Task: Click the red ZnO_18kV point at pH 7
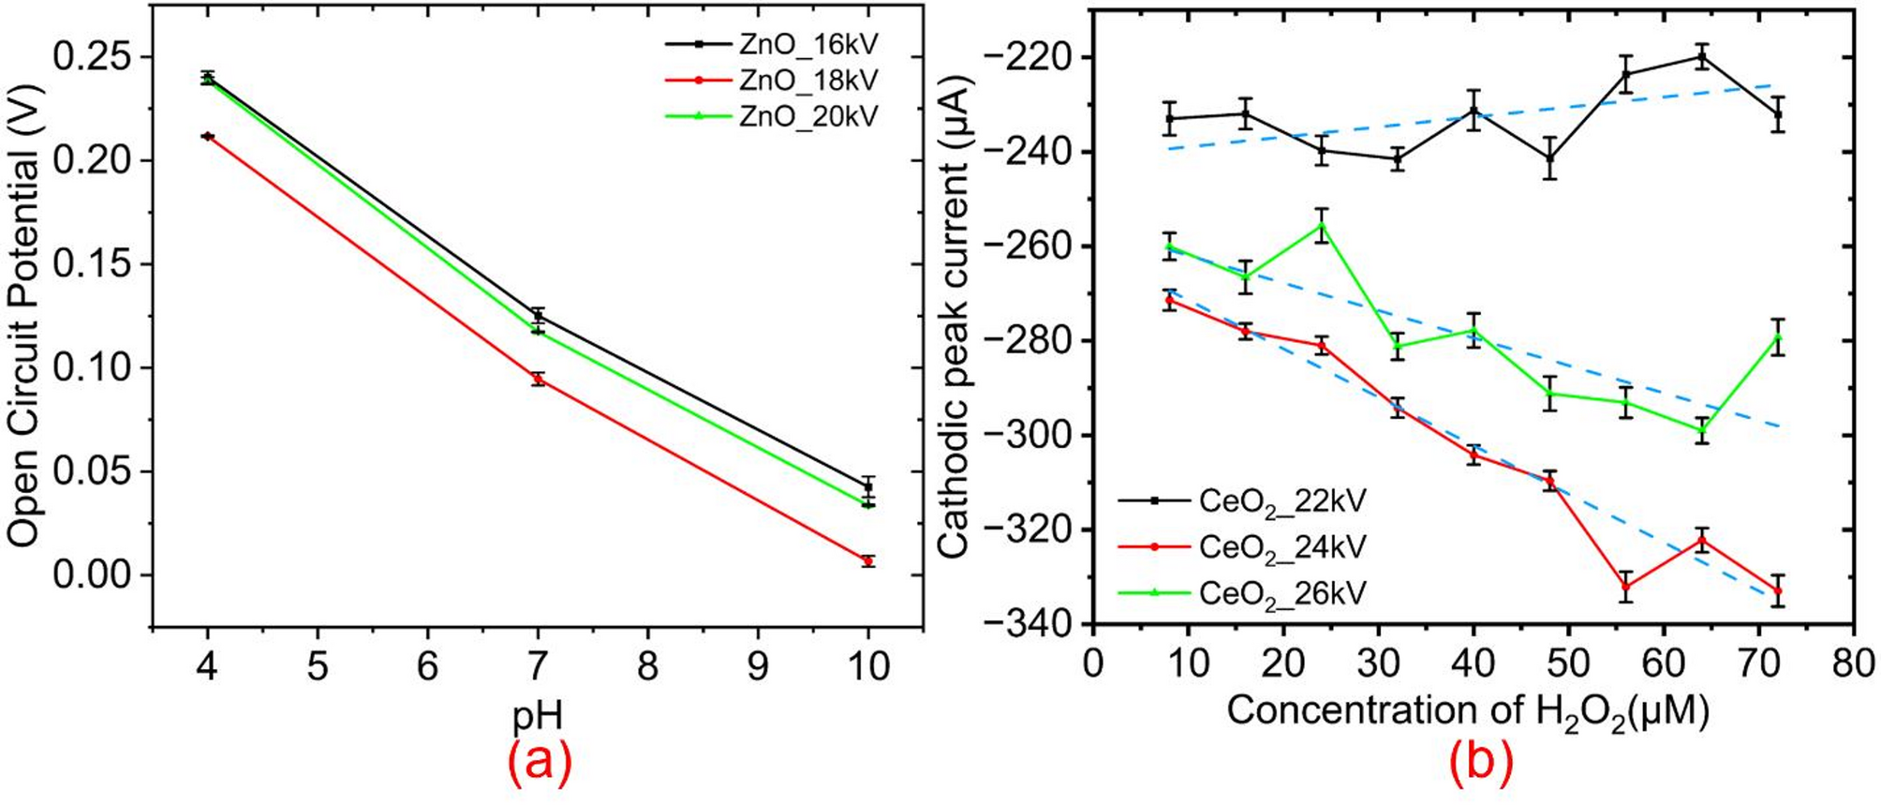tap(538, 380)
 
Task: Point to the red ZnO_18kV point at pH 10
tap(868, 560)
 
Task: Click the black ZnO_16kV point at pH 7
tap(538, 317)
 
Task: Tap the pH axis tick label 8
tap(647, 666)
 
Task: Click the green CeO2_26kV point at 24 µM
tap(1321, 225)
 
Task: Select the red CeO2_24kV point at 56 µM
tap(1625, 587)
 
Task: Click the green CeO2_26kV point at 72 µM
tap(1777, 336)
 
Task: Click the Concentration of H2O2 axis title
tap(1468, 711)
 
